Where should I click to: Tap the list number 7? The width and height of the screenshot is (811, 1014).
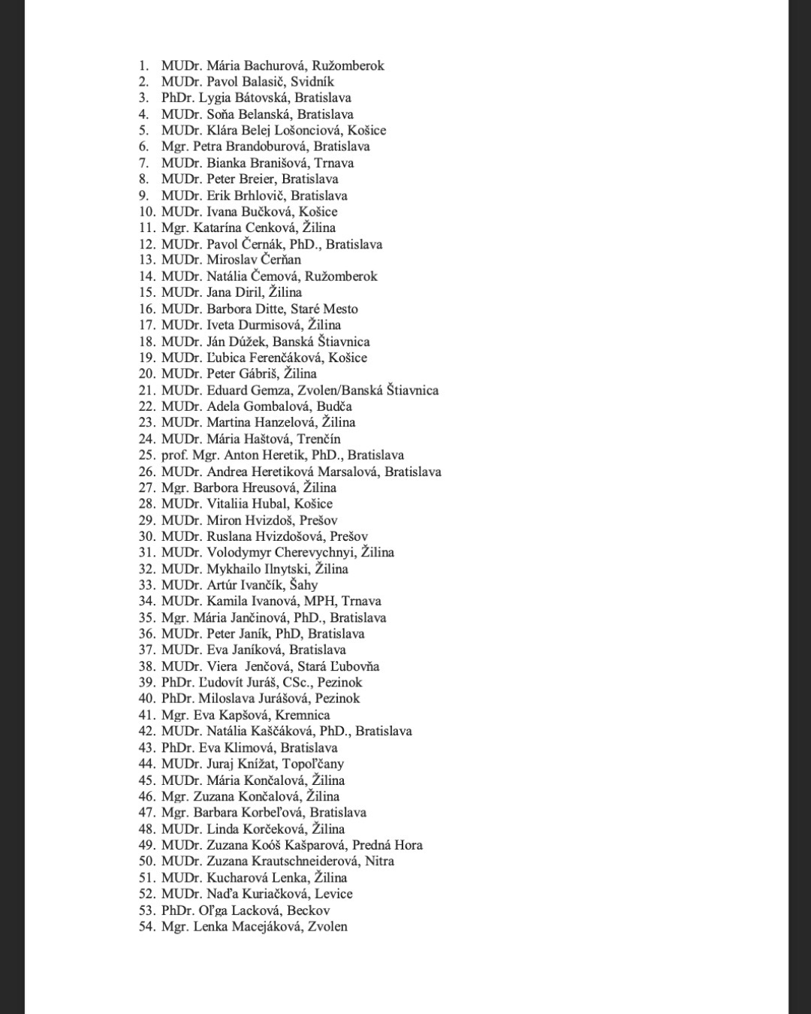(x=143, y=163)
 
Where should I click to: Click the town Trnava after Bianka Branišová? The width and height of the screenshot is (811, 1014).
(x=334, y=163)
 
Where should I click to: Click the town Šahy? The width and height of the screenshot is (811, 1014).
(x=303, y=585)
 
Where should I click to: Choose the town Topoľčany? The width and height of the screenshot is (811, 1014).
(x=313, y=764)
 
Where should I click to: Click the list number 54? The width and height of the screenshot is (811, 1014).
(x=147, y=927)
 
